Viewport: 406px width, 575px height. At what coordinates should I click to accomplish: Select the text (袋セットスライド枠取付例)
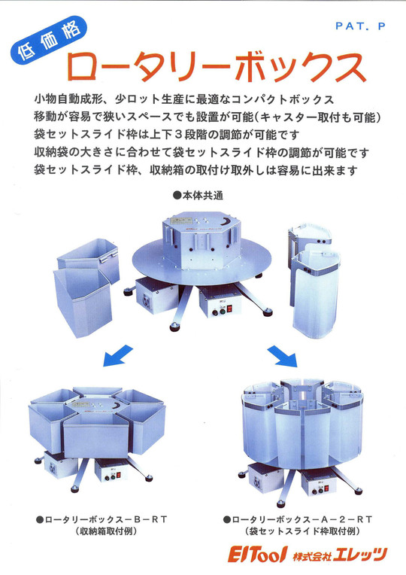(x=300, y=531)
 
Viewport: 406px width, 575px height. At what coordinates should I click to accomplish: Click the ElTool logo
(x=260, y=555)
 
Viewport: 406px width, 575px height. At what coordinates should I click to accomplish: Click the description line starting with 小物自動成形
(x=183, y=100)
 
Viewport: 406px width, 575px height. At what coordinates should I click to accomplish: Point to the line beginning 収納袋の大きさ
(x=201, y=152)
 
